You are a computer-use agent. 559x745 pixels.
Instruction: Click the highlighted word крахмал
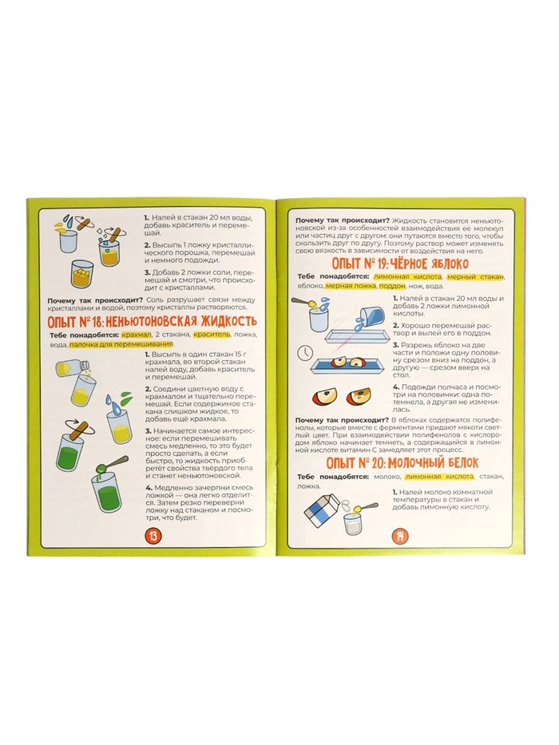[x=133, y=335]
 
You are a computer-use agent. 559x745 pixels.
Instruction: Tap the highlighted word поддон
[x=393, y=286]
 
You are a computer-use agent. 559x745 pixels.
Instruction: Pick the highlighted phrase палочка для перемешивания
[x=121, y=344]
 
